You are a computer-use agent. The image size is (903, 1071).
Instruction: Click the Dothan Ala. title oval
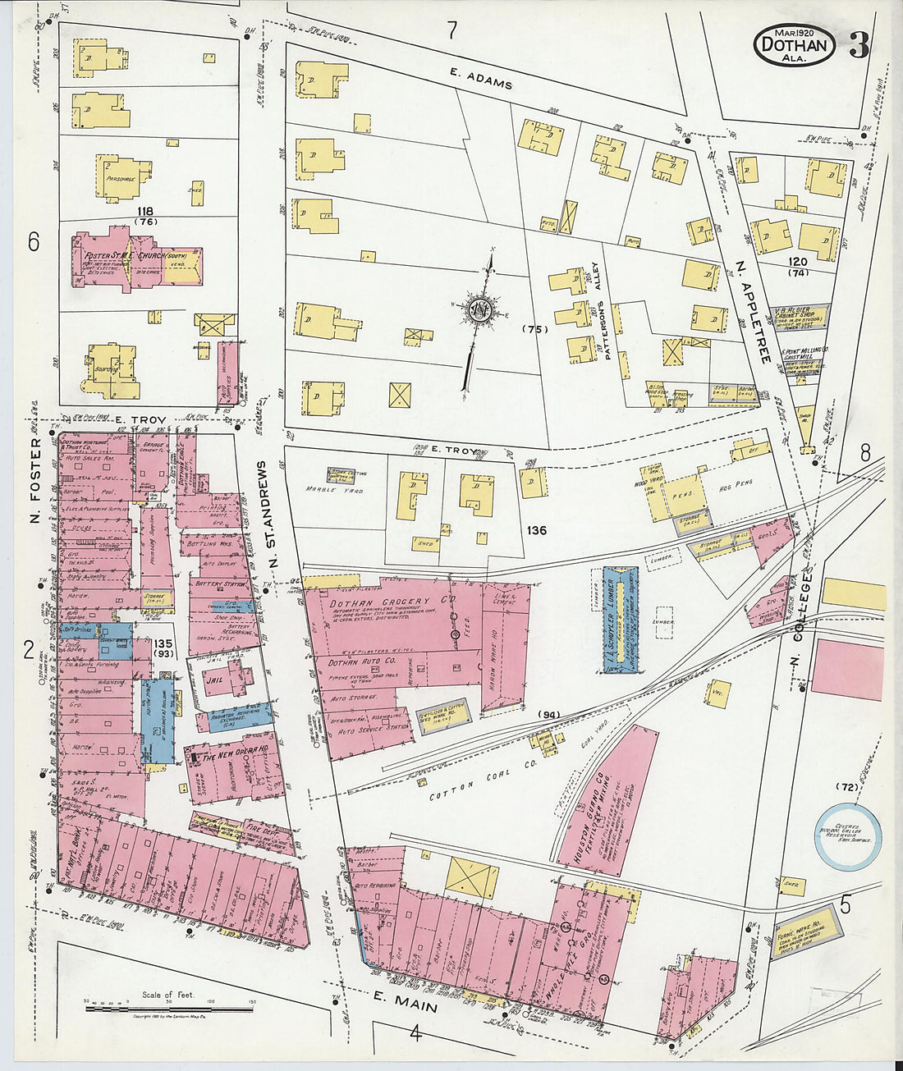coord(794,46)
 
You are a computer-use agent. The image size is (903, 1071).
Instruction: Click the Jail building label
coord(213,680)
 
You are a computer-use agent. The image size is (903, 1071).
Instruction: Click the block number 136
coord(536,530)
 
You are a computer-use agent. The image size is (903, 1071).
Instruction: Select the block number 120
coord(797,263)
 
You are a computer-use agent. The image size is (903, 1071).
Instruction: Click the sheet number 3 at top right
coord(859,47)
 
